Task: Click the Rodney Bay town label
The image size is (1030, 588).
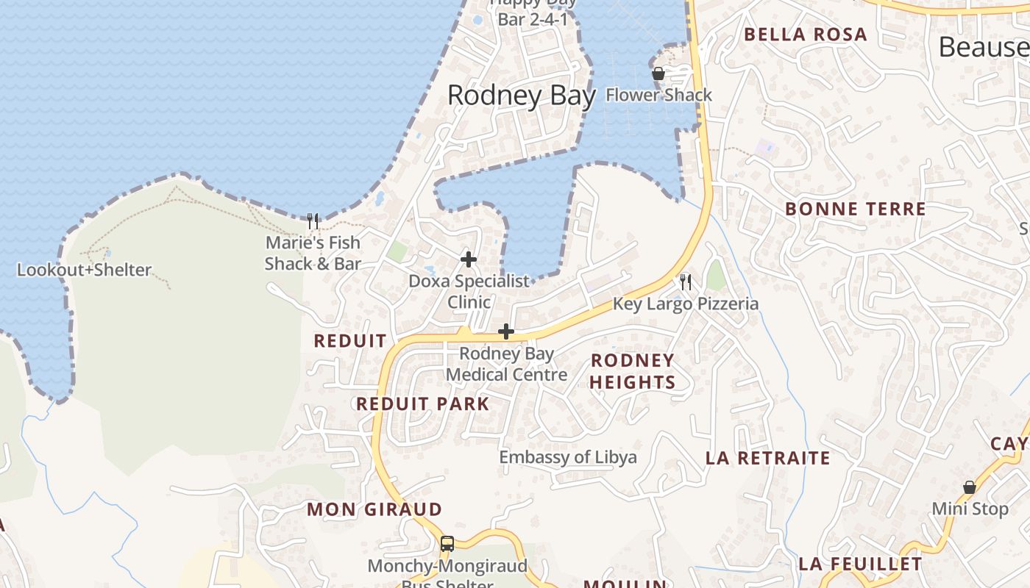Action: tap(521, 96)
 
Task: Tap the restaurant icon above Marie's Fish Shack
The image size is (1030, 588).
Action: tap(313, 220)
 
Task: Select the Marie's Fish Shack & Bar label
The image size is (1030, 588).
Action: tap(313, 253)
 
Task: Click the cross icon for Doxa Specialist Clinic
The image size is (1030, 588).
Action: tap(469, 259)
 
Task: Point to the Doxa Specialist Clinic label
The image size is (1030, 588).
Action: tap(469, 291)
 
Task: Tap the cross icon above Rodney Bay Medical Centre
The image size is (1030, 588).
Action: tap(506, 332)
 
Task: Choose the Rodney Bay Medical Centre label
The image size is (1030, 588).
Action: tap(506, 364)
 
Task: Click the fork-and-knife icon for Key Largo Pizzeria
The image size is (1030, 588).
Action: tap(686, 282)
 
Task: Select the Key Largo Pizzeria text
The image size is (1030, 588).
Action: tap(686, 304)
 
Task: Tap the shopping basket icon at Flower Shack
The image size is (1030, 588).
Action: tap(658, 73)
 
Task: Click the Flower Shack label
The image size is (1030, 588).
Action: tap(658, 95)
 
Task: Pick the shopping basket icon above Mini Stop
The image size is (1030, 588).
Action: tap(970, 487)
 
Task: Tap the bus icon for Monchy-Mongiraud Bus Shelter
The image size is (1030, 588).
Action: tap(447, 544)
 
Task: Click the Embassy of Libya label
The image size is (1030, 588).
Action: tap(568, 457)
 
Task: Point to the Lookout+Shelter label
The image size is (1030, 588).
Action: tap(84, 270)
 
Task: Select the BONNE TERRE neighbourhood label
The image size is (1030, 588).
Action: tap(855, 209)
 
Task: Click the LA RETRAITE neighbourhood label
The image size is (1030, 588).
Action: tap(767, 458)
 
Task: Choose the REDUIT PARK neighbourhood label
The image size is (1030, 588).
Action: tap(422, 404)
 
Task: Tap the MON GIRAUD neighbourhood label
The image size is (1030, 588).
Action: tap(374, 509)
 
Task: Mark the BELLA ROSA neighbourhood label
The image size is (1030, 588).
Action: tap(805, 35)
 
